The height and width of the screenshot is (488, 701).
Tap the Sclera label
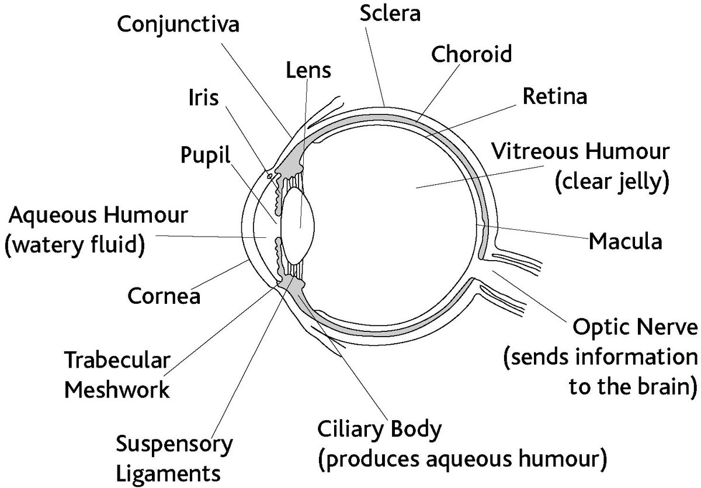[x=390, y=13]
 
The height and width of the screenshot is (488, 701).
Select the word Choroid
[x=471, y=54]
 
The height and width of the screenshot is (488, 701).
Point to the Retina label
[x=554, y=96]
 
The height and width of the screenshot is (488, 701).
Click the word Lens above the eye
[x=308, y=71]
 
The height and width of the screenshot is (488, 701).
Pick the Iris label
[x=203, y=98]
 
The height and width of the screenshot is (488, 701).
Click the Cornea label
[x=164, y=296]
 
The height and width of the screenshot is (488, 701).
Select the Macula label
[x=625, y=240]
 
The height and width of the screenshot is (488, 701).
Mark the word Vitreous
[x=537, y=152]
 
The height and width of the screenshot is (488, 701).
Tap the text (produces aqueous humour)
[x=461, y=459]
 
